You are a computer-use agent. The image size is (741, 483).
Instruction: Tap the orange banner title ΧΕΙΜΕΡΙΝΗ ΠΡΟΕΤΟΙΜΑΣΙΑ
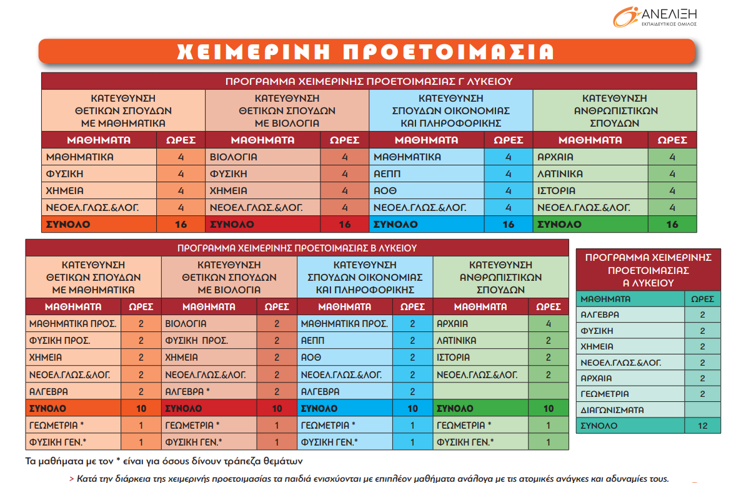366,51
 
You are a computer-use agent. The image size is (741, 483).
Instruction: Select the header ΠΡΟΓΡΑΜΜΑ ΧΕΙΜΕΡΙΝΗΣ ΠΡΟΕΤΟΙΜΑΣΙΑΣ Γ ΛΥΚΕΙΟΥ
369,82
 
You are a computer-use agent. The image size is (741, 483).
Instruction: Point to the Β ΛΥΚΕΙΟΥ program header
297,248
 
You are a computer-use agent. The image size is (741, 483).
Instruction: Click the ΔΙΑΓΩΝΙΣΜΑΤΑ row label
612,410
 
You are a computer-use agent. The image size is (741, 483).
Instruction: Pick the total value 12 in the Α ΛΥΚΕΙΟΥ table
702,426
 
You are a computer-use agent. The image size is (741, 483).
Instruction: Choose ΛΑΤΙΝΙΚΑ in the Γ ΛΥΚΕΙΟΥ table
560,173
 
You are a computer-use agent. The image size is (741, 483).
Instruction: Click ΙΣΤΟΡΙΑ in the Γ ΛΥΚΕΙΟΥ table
557,190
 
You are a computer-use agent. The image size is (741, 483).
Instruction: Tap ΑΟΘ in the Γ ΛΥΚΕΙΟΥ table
385,190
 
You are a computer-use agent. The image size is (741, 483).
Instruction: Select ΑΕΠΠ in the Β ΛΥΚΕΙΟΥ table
313,341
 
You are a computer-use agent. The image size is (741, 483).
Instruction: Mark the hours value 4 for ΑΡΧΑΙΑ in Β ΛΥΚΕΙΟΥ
549,324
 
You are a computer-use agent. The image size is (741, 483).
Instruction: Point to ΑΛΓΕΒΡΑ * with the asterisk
187,391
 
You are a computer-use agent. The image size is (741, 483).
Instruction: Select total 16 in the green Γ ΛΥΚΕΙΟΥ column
672,224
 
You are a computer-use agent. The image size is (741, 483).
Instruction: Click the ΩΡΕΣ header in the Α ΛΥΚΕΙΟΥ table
702,299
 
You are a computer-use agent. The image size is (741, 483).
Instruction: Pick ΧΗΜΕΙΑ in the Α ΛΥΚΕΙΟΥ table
597,346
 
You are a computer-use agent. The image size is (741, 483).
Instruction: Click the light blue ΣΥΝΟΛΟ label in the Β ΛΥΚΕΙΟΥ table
319,409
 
